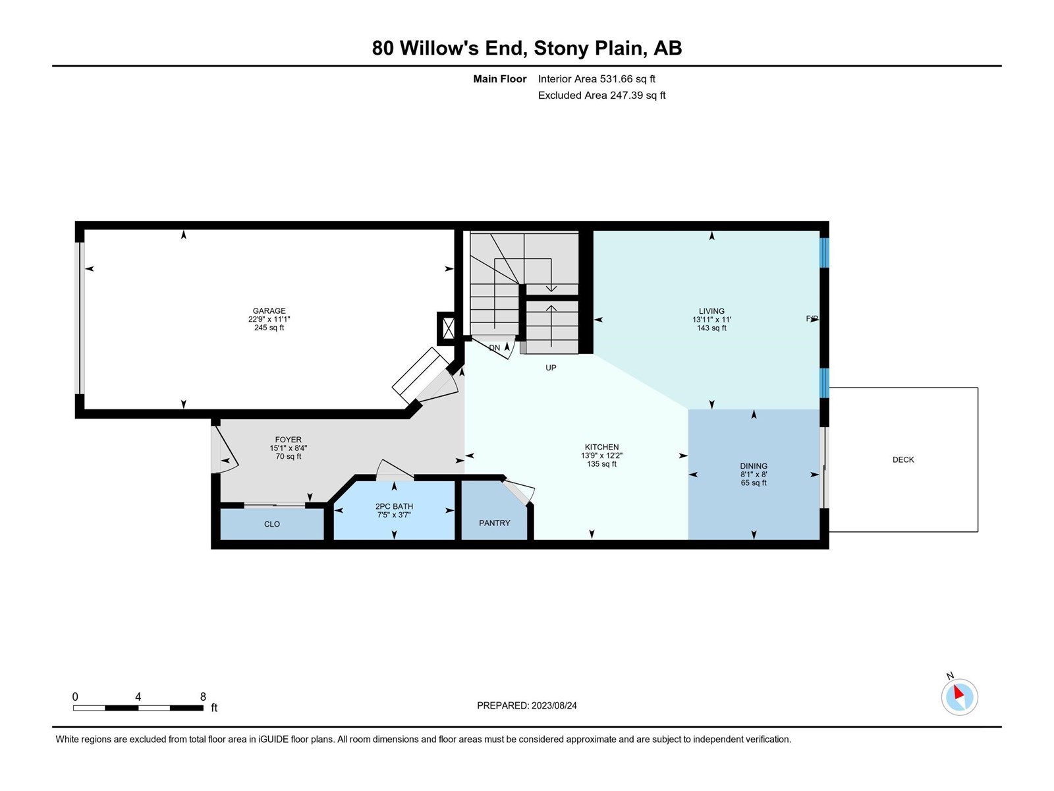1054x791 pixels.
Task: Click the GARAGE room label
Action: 269,310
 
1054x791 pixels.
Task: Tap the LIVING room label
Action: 711,310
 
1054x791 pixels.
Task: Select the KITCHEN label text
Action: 601,447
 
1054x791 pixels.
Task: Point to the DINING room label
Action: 754,466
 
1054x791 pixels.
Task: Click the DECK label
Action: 902,459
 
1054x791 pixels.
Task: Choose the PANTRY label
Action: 494,523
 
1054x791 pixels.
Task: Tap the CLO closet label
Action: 272,524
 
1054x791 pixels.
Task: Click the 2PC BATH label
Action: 394,506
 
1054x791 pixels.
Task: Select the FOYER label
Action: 288,440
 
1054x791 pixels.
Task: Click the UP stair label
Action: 551,368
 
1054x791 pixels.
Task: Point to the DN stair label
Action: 494,348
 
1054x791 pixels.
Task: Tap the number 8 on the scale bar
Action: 203,696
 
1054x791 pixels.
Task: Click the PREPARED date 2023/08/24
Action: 553,705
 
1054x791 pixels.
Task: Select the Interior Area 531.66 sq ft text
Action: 596,78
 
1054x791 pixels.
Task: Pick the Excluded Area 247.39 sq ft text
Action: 601,95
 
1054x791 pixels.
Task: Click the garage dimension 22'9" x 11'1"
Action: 269,320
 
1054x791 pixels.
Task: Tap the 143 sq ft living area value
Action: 711,328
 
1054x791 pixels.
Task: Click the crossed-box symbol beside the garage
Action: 447,328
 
